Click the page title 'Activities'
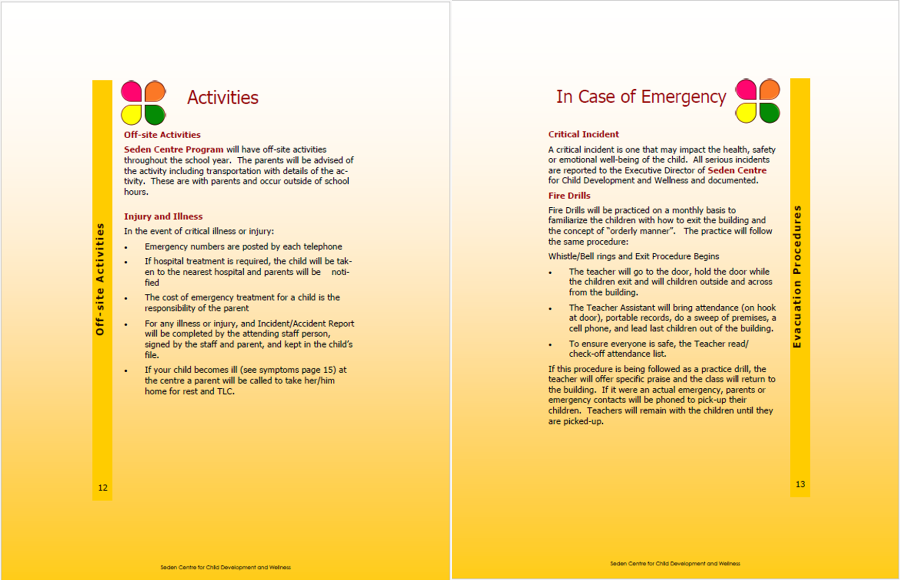(223, 97)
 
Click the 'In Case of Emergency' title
(641, 96)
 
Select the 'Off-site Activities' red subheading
(162, 135)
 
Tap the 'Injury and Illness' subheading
(163, 217)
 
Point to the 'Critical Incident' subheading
(583, 134)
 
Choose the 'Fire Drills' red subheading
(569, 195)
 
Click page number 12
(103, 488)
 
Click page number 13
(800, 484)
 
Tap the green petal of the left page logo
(155, 114)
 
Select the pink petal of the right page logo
(745, 90)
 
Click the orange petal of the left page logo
(155, 91)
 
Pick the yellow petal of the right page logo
(745, 113)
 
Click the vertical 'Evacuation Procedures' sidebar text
(797, 277)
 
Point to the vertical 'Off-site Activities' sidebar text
(100, 279)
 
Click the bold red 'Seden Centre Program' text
(174, 150)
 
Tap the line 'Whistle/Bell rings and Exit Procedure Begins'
(633, 256)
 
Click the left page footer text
(225, 567)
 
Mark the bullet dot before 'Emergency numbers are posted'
(126, 248)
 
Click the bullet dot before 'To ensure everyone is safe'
(550, 345)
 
